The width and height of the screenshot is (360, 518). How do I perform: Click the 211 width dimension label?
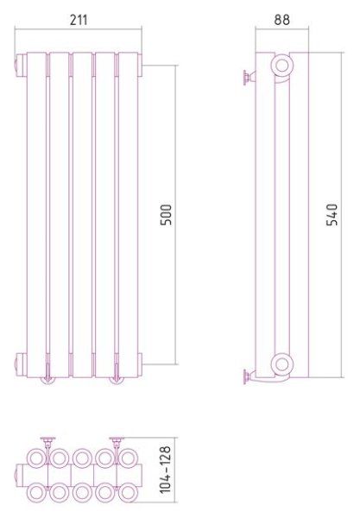pos(79,20)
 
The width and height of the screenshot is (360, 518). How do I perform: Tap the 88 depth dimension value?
pos(282,20)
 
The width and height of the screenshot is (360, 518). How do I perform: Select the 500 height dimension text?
pos(166,215)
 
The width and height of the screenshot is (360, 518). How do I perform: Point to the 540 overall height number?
pos(332,215)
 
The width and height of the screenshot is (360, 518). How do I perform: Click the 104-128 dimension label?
pos(166,470)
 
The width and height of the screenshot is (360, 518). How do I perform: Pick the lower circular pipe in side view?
pos(282,364)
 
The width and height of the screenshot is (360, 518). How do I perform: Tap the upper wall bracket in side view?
pos(249,78)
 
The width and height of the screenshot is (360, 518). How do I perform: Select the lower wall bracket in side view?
pos(249,376)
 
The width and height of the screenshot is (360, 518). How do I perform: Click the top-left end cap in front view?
pos(21,65)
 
